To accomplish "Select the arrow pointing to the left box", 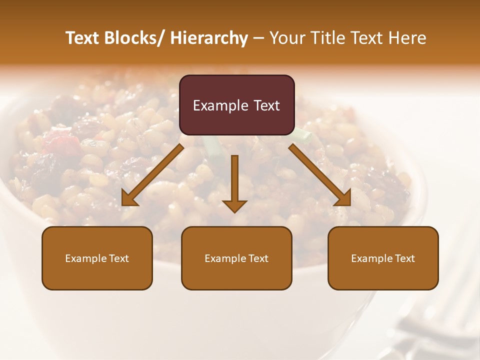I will tap(152, 175).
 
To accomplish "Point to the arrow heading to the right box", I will tap(320, 175).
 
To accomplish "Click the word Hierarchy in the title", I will tap(208, 38).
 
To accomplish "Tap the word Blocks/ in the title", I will tap(131, 38).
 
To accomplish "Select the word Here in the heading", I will tap(408, 38).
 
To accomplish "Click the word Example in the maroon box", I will tap(220, 105).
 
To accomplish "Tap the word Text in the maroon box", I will tap(266, 105).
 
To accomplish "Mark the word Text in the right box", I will tap(404, 258).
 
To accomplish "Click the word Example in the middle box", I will tap(225, 258).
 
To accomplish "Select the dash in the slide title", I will tap(258, 38).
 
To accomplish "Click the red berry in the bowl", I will tap(62, 142).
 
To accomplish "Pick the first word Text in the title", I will tap(82, 38).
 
